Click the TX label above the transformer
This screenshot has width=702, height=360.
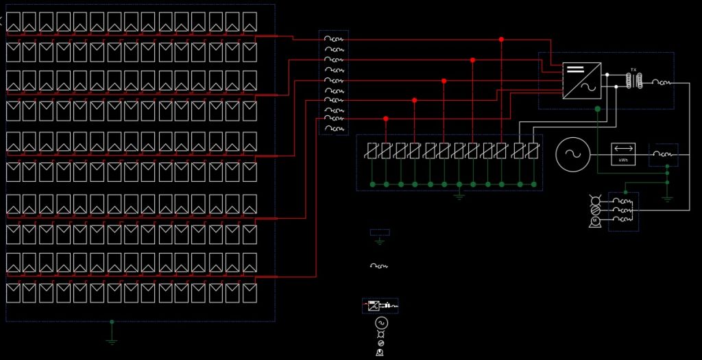pos(633,70)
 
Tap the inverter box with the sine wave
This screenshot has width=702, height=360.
pos(582,81)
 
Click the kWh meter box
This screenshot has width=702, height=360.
pos(623,154)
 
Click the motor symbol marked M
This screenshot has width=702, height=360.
pos(595,221)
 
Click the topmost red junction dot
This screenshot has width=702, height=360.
pos(501,40)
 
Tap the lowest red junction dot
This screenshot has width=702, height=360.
pos(386,119)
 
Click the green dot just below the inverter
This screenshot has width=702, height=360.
pos(598,108)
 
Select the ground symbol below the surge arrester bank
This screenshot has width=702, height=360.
pos(459,196)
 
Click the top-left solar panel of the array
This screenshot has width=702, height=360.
pos(14,22)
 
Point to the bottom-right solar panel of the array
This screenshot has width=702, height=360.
pos(250,293)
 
